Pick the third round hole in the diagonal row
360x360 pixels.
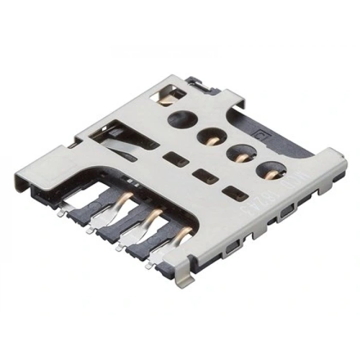point(238,153)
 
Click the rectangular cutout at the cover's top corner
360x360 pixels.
point(168,93)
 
